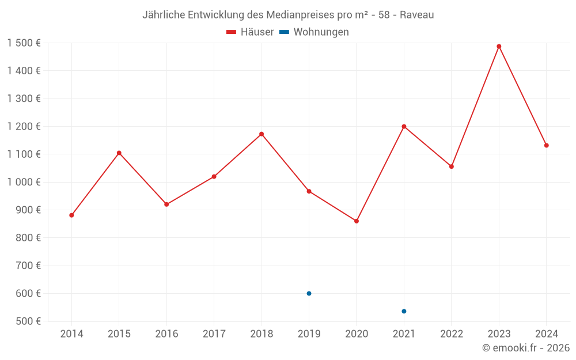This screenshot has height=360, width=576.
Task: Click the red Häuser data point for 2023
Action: click(499, 47)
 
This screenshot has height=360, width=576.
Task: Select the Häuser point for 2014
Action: click(71, 215)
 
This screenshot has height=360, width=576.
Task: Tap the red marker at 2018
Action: click(262, 134)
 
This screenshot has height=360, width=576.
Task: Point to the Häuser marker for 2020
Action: click(357, 221)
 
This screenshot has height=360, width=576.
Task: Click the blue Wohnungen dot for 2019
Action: click(309, 293)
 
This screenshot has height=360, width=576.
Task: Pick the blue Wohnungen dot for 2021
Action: click(404, 311)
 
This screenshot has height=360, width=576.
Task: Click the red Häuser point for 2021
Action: click(404, 126)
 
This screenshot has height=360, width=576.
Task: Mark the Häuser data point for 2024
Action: click(546, 145)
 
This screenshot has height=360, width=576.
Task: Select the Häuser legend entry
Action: click(250, 32)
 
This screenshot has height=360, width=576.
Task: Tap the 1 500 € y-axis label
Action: click(24, 43)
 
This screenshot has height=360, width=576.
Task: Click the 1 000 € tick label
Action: click(24, 182)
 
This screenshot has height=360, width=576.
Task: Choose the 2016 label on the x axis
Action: click(166, 334)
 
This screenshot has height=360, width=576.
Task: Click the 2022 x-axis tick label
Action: click(451, 334)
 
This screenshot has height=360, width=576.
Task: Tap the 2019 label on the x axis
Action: click(309, 334)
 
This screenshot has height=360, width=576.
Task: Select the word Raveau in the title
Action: click(417, 14)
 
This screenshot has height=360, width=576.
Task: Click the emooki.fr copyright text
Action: click(526, 348)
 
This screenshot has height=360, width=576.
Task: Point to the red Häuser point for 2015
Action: click(119, 153)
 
